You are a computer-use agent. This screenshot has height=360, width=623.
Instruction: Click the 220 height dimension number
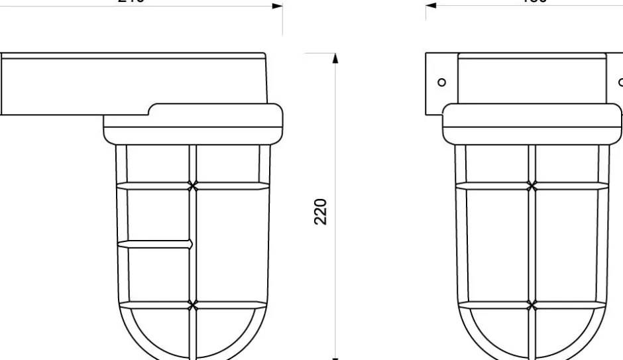pos(320,211)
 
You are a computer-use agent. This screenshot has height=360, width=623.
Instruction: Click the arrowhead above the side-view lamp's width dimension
pos(278,6)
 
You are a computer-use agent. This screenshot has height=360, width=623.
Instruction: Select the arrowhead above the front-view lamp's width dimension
pos(431,6)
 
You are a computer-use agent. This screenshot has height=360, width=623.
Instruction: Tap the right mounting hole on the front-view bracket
pos(620,83)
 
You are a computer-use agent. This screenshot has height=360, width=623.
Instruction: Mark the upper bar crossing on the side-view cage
pos(193,185)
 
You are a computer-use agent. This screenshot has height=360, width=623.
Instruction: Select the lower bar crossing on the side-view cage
pos(193,305)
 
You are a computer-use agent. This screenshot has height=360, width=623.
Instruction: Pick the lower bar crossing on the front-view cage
pos(532,306)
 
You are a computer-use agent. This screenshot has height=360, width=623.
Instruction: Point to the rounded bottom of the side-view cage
pos(193,338)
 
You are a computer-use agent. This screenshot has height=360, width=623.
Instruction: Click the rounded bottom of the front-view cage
pos(532,338)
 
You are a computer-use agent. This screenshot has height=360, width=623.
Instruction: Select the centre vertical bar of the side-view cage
pos(193,245)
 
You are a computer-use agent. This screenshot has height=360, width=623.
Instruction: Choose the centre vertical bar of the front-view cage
pos(532,245)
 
